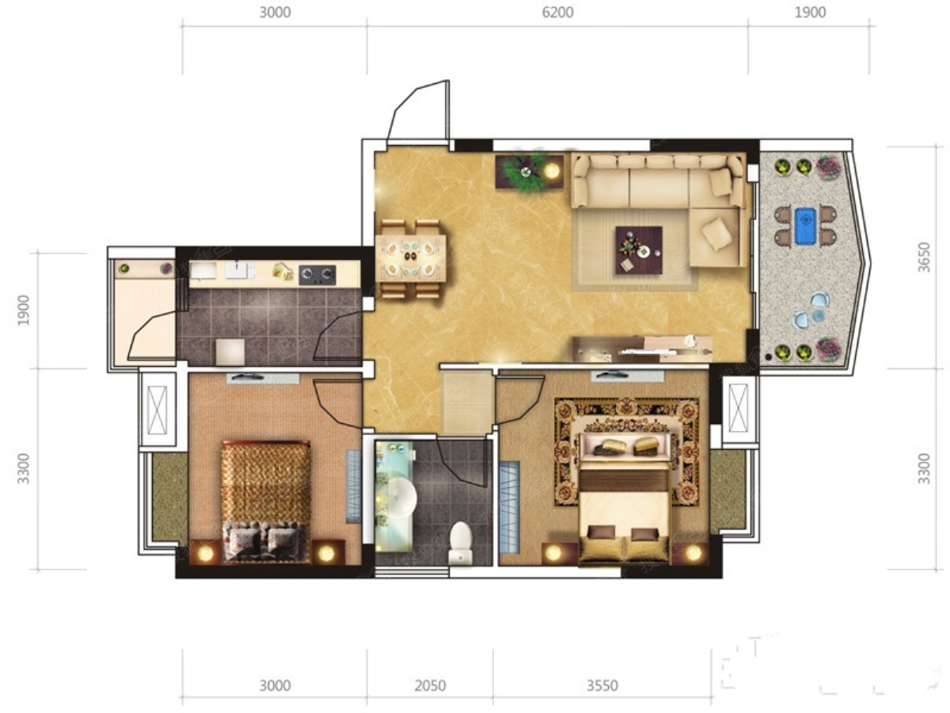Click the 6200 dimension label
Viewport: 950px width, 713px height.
557,13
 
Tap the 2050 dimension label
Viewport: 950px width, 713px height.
430,686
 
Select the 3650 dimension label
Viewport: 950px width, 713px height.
924,257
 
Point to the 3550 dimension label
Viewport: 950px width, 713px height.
602,686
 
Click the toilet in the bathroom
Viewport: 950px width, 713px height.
460,543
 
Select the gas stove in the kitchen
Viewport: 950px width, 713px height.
317,275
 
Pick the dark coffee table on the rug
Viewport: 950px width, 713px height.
639,250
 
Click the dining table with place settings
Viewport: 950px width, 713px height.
411,258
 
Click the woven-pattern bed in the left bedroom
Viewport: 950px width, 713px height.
266,501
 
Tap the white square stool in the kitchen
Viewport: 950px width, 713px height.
230,352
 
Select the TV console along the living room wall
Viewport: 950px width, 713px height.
642,348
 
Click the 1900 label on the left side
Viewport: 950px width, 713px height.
24,310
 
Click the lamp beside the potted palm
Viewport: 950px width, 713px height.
552,171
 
